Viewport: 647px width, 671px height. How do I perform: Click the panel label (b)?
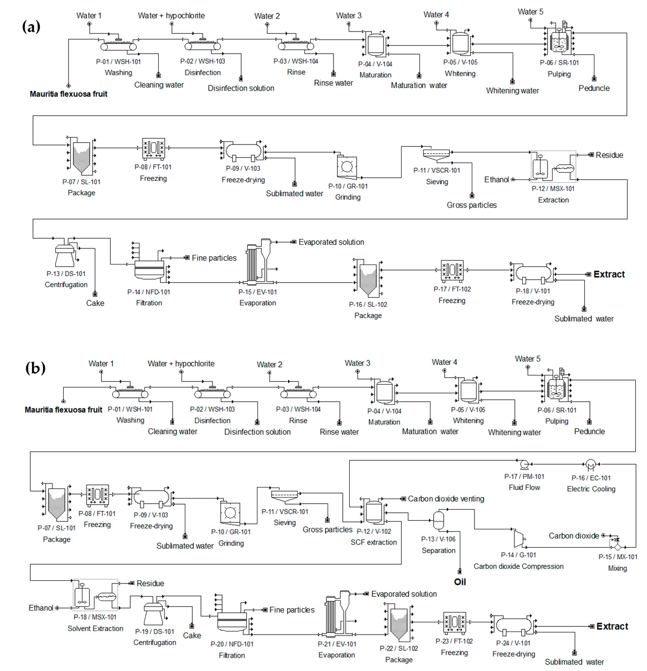click(x=35, y=368)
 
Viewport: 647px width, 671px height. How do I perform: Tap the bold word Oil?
click(x=460, y=582)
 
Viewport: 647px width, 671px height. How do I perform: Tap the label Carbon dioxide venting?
click(x=446, y=499)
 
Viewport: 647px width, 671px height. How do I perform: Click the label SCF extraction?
click(x=374, y=542)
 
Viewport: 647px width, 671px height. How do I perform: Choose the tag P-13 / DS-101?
click(x=66, y=274)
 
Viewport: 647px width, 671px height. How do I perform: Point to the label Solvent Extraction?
click(x=95, y=629)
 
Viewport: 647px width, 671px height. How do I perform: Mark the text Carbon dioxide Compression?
click(x=518, y=566)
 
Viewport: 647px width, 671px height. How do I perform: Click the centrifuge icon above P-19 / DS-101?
click(x=154, y=615)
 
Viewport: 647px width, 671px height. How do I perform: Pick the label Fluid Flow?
click(x=524, y=488)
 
